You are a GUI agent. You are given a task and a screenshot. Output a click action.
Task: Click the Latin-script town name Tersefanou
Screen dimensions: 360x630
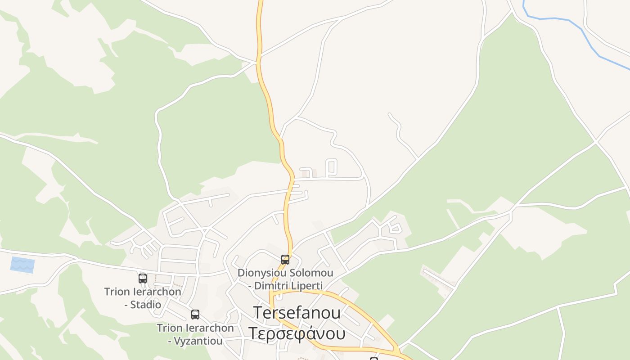point(297,312)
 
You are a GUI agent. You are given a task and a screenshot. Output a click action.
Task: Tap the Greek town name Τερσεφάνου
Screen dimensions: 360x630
point(297,334)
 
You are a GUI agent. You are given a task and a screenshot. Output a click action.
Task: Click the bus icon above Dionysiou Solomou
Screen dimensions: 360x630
point(285,260)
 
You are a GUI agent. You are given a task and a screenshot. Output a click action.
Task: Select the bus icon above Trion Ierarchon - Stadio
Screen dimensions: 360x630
point(143,279)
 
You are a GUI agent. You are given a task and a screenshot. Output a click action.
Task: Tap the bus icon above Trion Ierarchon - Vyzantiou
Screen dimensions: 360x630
point(195,315)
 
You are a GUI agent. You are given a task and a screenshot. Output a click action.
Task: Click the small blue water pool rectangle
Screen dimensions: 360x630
point(22,265)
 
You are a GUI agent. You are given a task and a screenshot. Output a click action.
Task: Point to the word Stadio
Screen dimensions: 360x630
point(146,305)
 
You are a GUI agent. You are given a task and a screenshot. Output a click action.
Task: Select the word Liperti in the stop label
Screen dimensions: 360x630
point(308,286)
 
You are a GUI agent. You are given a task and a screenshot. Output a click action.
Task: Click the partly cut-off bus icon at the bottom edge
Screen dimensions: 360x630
point(373,359)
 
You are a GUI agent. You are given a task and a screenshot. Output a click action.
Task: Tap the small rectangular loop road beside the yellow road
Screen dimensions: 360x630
point(331,167)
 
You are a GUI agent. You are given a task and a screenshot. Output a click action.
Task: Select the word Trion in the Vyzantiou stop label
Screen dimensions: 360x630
point(169,328)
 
